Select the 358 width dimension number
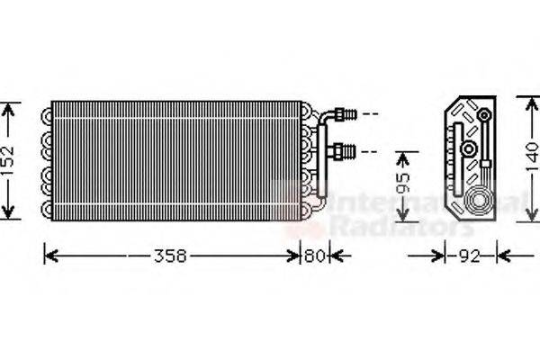(168, 256)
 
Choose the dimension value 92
(466, 256)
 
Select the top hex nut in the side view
(485, 115)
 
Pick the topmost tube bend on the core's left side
(46, 114)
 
